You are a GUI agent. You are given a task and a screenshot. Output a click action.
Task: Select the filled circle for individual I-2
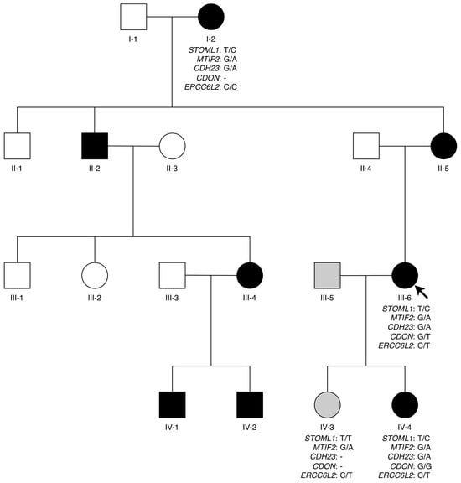[211, 17]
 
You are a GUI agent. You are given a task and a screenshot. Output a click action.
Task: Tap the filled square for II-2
[95, 146]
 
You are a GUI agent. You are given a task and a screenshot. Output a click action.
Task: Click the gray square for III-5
[328, 275]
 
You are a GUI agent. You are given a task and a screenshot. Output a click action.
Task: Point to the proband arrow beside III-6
[422, 292]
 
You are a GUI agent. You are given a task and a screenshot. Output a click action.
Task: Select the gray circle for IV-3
[328, 405]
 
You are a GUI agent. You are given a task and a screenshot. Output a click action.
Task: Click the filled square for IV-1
[172, 405]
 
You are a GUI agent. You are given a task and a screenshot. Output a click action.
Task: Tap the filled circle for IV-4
[405, 405]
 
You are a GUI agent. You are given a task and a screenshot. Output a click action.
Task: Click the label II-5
[443, 169]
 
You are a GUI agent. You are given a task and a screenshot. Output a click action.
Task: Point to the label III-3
[172, 298]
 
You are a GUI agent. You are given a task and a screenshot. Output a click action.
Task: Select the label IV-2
[250, 428]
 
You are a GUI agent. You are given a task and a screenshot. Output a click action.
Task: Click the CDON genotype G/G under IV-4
[424, 466]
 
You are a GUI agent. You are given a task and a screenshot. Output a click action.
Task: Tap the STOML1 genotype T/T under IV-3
[345, 439]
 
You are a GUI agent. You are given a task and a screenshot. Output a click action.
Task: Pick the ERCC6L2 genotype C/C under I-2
[230, 87]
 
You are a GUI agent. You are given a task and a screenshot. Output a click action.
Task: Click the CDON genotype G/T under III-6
[424, 337]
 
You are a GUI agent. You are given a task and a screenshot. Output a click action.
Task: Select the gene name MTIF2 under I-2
[209, 60]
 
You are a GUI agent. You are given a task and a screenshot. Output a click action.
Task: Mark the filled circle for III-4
[250, 275]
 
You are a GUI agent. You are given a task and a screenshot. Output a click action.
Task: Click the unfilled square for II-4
[366, 146]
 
